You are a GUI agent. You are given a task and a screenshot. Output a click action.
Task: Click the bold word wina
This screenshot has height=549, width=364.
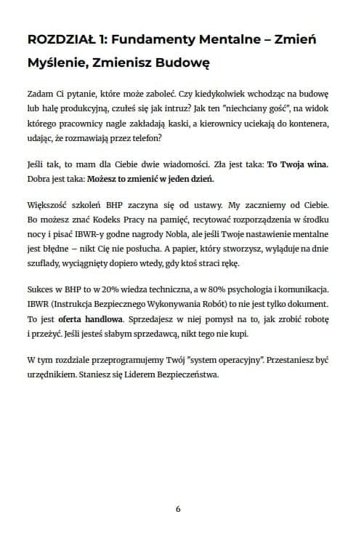321,164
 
